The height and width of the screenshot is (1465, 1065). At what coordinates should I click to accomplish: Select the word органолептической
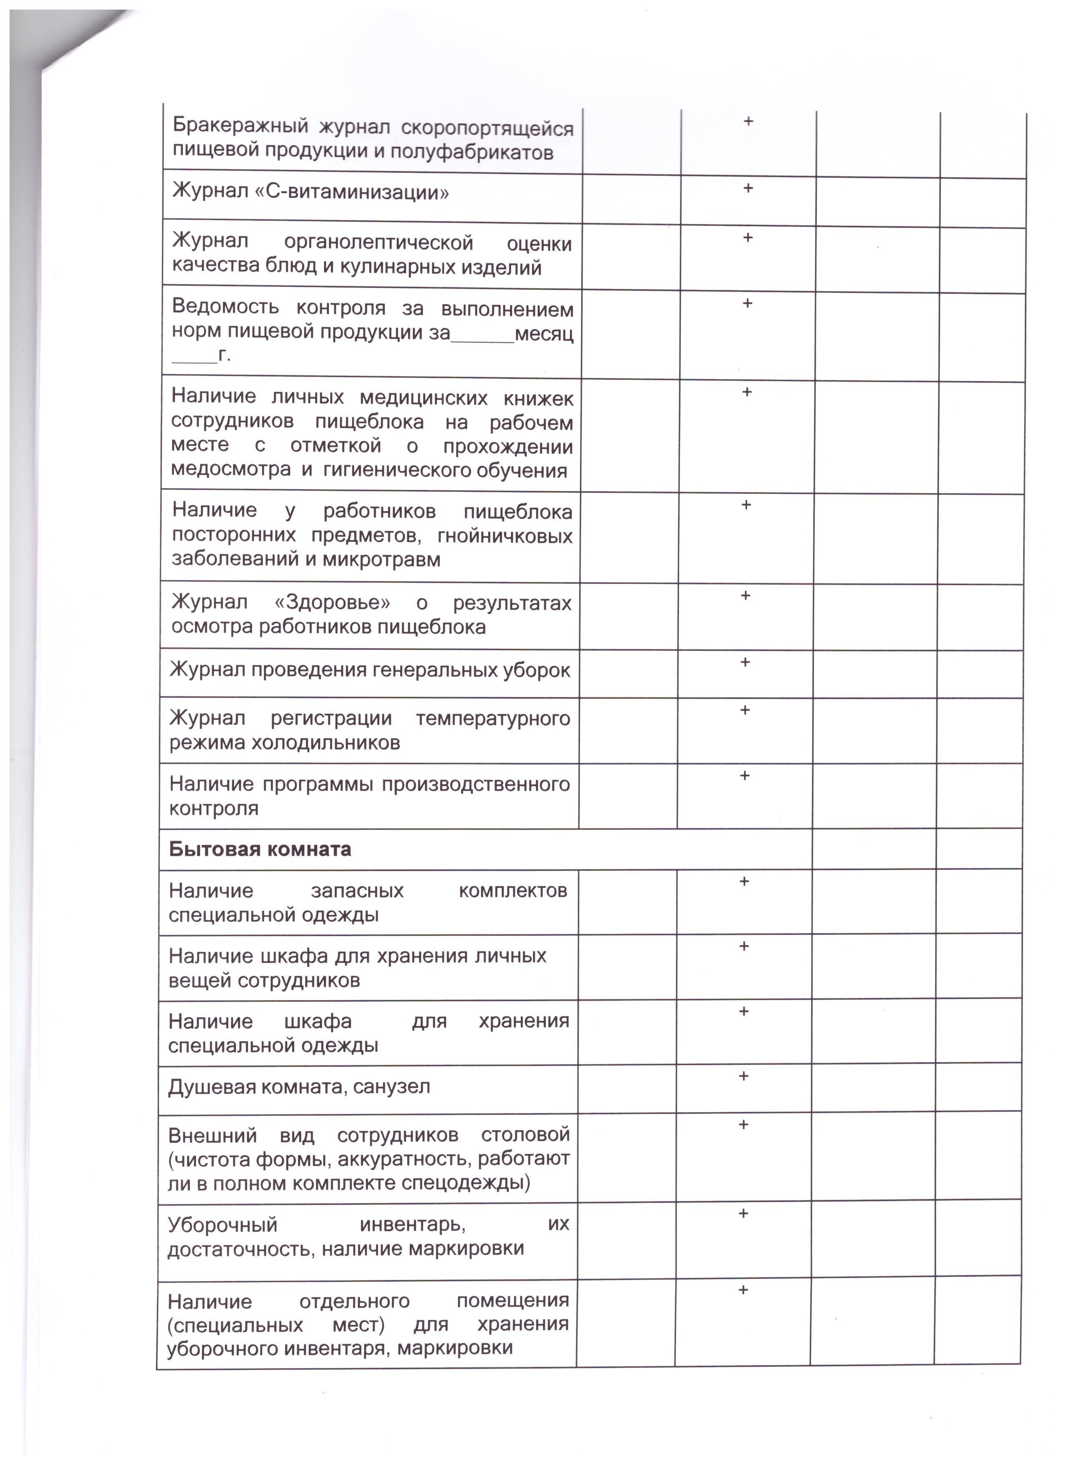click(x=379, y=243)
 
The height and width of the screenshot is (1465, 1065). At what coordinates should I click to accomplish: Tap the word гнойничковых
click(x=505, y=536)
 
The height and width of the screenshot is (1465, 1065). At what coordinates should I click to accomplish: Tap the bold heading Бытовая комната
click(x=260, y=849)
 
